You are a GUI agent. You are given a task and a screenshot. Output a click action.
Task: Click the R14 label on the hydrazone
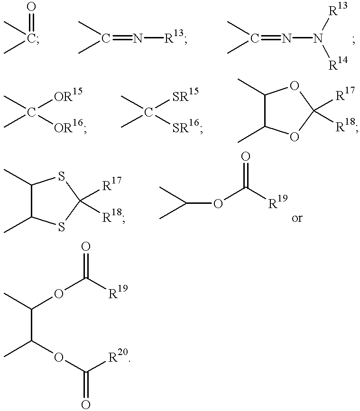[338, 64]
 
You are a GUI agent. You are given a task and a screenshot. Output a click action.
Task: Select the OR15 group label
[68, 94]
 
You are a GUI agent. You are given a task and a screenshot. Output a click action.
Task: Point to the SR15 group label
[185, 94]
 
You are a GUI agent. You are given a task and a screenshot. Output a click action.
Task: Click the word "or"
[297, 218]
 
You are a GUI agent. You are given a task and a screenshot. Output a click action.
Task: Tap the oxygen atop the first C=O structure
[31, 7]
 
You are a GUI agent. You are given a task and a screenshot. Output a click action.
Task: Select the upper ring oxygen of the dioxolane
[295, 86]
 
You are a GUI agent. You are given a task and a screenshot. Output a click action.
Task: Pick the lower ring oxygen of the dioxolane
[295, 137]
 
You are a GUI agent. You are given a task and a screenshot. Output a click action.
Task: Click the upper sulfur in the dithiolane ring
[61, 176]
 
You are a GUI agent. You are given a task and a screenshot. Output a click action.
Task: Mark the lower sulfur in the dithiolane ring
[61, 227]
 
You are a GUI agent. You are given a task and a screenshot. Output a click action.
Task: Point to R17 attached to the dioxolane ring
[345, 94]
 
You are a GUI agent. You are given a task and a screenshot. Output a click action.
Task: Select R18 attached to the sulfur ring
[112, 216]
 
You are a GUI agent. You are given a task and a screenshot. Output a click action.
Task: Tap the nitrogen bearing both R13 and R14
[318, 39]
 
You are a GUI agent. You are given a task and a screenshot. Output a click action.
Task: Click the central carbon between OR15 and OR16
[31, 113]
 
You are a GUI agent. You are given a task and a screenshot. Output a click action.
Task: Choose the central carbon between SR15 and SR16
[148, 113]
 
